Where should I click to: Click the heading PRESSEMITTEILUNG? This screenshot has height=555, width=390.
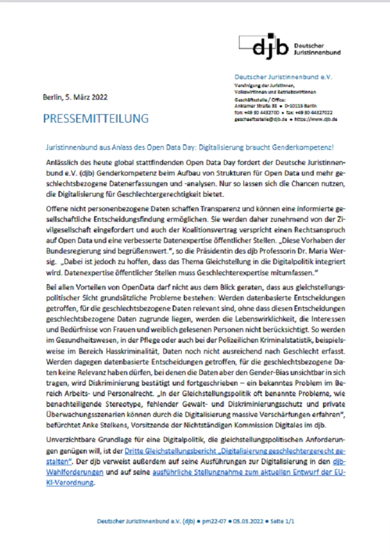pos(96,119)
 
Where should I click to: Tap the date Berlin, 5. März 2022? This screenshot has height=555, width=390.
pos(75,97)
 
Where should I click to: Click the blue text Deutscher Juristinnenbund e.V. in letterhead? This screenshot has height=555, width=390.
pos(283,77)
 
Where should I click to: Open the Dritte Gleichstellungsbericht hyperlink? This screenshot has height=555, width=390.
pos(171,451)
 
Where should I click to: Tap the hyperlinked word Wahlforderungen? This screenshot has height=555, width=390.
pos(75,472)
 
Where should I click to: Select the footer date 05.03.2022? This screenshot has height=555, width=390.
pos(248,521)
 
